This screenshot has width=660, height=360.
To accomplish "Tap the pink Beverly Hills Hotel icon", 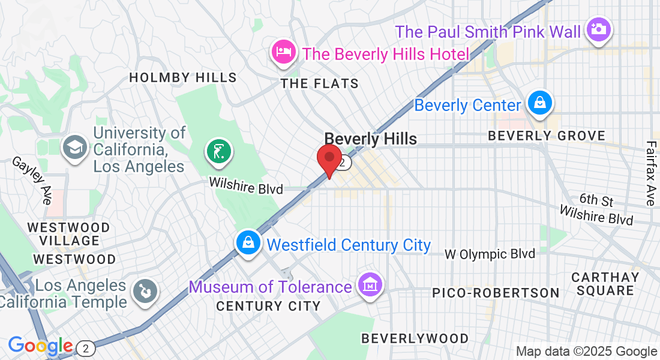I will (283, 52).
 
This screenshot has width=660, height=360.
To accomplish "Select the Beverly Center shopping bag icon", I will (540, 104).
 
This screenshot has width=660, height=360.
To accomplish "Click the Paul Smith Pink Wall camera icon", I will (598, 29).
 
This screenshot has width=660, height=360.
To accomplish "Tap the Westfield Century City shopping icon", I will (248, 243).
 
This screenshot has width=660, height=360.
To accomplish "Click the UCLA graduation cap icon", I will (76, 148).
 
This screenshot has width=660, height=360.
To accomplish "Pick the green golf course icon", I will (218, 151).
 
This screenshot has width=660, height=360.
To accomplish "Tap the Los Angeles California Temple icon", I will (145, 293).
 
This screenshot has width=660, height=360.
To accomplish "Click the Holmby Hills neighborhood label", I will (183, 78).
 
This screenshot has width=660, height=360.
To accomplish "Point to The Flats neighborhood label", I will (320, 84).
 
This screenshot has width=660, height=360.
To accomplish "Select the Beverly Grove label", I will (547, 136).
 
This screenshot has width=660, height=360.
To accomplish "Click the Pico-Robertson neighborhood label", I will (496, 293).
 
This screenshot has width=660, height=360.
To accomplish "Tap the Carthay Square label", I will (605, 284).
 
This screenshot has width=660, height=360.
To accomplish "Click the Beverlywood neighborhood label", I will (415, 338).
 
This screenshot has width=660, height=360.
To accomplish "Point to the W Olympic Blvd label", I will (490, 254).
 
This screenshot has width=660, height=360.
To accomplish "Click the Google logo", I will (40, 346).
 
